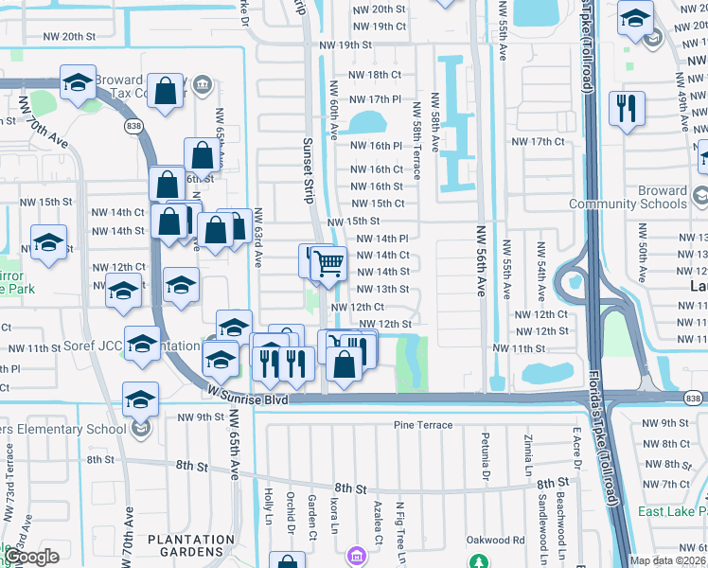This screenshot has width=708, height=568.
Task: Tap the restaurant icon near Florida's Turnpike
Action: [627, 109]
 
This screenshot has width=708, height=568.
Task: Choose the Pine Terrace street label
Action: [423, 425]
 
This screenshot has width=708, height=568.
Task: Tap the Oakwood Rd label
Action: [495, 541]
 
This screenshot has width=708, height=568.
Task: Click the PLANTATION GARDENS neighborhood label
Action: [190, 541]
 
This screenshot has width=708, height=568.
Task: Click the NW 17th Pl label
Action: [376, 98]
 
